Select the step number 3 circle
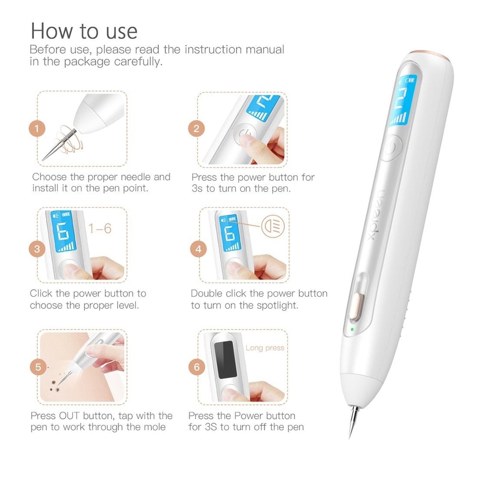[x=37, y=249]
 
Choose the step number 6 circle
[x=197, y=367]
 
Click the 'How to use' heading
[x=84, y=31]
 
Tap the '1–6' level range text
[x=100, y=228]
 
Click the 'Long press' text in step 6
[x=265, y=348]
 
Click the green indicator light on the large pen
[x=352, y=329]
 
